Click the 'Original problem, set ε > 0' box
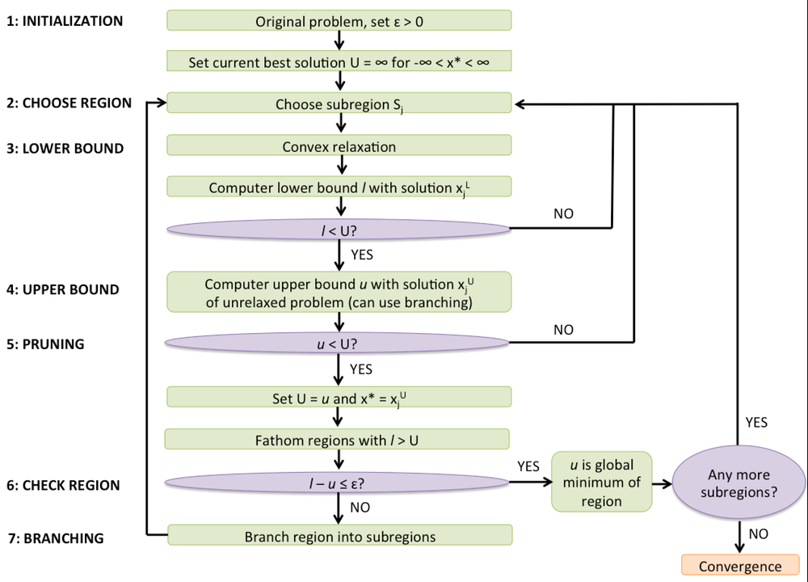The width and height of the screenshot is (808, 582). (x=339, y=21)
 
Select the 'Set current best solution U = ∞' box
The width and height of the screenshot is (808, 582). (x=339, y=61)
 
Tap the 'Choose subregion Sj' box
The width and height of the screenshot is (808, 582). (x=339, y=103)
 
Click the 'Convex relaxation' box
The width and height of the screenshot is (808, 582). (x=339, y=146)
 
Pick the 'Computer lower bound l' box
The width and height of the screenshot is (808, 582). (x=339, y=187)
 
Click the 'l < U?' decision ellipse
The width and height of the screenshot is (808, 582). (x=339, y=229)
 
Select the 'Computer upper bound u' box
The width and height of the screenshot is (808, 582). (x=339, y=293)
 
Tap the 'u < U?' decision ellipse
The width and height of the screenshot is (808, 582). (x=339, y=342)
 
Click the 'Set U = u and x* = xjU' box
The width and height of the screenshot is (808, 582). (x=339, y=397)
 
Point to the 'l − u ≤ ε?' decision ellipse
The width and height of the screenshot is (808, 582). (x=339, y=483)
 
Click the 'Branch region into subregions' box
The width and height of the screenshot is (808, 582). (x=339, y=536)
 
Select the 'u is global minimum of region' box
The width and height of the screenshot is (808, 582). (x=601, y=483)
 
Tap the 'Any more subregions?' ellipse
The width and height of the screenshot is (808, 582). (x=739, y=483)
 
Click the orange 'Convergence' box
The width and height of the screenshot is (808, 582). (x=740, y=566)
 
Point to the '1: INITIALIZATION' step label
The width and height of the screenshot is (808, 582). (x=65, y=21)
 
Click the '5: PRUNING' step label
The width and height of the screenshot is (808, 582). (x=46, y=344)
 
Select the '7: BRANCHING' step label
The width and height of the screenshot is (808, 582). (x=55, y=538)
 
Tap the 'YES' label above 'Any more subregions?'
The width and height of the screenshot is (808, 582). (x=755, y=422)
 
